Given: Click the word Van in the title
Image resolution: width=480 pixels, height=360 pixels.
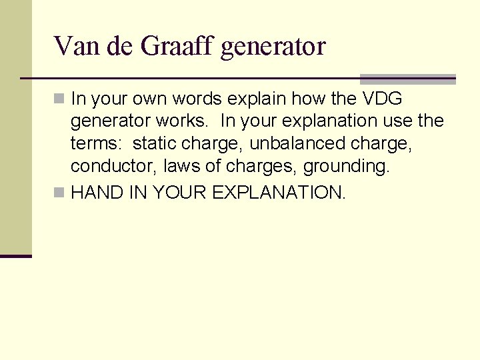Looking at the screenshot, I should point(71,47).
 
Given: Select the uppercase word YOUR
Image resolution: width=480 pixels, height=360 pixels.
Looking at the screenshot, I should point(180,193).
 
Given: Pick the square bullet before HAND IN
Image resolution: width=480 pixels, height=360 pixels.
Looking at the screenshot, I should point(59,193).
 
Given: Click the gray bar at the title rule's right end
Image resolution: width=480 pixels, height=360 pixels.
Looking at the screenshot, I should point(407,79).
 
